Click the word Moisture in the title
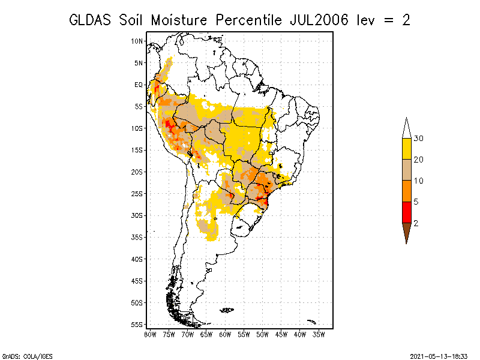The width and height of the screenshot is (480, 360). [179, 20]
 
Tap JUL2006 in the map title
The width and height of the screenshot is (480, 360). [319, 20]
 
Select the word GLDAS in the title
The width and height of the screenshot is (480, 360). [90, 20]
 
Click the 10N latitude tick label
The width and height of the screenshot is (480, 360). [137, 41]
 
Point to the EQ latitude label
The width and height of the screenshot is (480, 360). [139, 85]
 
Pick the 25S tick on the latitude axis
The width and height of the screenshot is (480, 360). [137, 194]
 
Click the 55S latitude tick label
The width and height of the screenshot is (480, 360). [137, 325]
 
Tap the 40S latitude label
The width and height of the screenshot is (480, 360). [137, 259]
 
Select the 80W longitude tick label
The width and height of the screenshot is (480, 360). [150, 335]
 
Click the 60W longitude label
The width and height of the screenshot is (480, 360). [225, 335]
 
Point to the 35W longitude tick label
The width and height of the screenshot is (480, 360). [319, 335]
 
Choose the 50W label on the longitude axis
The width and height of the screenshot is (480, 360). [262, 335]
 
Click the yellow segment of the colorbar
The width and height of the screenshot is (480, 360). [407, 149]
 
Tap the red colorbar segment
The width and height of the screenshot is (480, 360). [407, 212]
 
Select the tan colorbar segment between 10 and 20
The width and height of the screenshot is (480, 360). [407, 170]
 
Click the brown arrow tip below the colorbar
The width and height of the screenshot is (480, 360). [407, 244]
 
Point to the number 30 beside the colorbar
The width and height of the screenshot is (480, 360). [418, 139]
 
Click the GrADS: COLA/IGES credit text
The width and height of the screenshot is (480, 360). [27, 356]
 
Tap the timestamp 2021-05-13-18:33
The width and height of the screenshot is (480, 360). [439, 356]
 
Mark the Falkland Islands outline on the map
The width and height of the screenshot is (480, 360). [227, 310]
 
